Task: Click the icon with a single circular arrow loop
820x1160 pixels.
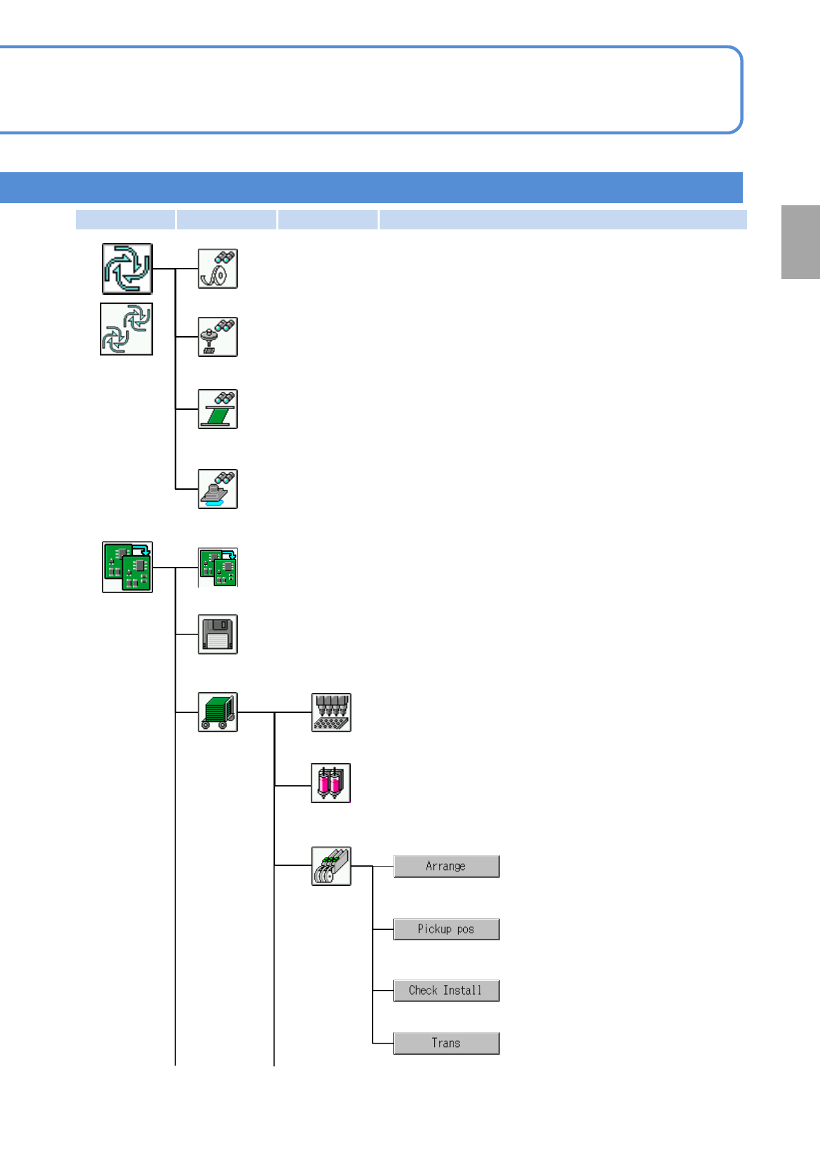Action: pos(127,269)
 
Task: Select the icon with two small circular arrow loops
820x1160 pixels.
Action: pos(127,329)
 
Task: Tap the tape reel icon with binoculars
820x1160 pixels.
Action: pos(218,269)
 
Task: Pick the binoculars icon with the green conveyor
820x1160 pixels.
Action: pos(218,409)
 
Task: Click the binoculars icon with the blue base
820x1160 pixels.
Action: pos(218,489)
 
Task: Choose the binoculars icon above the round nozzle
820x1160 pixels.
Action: pos(218,337)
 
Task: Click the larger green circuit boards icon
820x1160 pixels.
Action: pos(127,567)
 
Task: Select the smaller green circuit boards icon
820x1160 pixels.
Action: pos(218,568)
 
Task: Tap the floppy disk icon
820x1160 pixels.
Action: pos(218,634)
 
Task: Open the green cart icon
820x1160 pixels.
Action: pos(218,712)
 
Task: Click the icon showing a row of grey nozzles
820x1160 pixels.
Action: pos(331,712)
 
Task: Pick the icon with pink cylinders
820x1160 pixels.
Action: pos(331,783)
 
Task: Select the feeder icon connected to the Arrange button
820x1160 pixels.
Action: pos(331,866)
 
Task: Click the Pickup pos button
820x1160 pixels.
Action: pos(447,929)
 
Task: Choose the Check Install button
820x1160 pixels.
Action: pos(447,991)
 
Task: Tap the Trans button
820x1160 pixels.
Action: pos(447,1043)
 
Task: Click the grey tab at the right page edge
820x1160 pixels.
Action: pos(801,242)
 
